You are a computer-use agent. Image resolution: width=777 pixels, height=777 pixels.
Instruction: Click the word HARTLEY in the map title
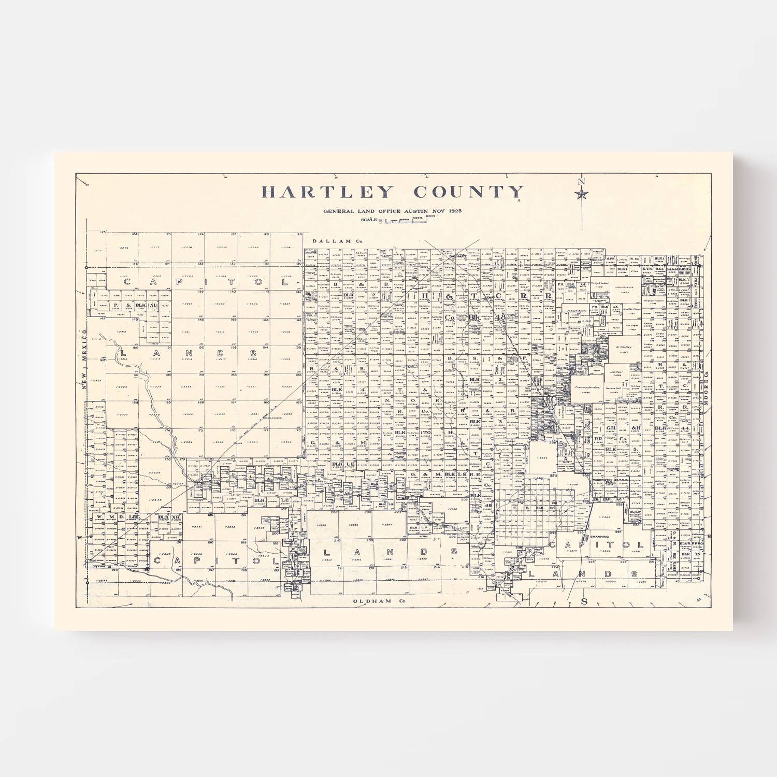327,192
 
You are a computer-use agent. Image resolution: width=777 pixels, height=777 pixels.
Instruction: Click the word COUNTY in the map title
468,192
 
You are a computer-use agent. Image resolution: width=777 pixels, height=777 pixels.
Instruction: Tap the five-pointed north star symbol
582,194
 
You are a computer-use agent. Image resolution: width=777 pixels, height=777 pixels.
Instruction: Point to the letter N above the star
581,182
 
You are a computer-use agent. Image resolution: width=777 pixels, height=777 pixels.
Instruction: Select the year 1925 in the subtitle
455,211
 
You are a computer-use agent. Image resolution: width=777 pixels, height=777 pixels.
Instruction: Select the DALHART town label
458,256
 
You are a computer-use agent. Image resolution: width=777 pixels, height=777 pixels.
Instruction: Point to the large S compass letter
584,601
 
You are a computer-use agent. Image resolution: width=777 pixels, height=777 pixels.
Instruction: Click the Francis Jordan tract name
587,387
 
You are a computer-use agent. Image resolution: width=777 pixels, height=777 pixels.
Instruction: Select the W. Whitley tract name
624,347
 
